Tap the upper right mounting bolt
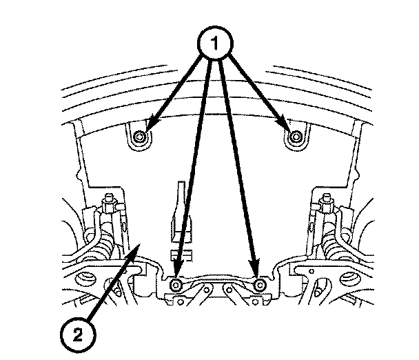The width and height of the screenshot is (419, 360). pos(296,137)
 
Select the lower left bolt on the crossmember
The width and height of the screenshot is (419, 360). pos(176,286)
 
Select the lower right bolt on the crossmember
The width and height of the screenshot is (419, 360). pos(260,285)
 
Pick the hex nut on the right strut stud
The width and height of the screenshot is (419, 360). pos(327,205)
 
